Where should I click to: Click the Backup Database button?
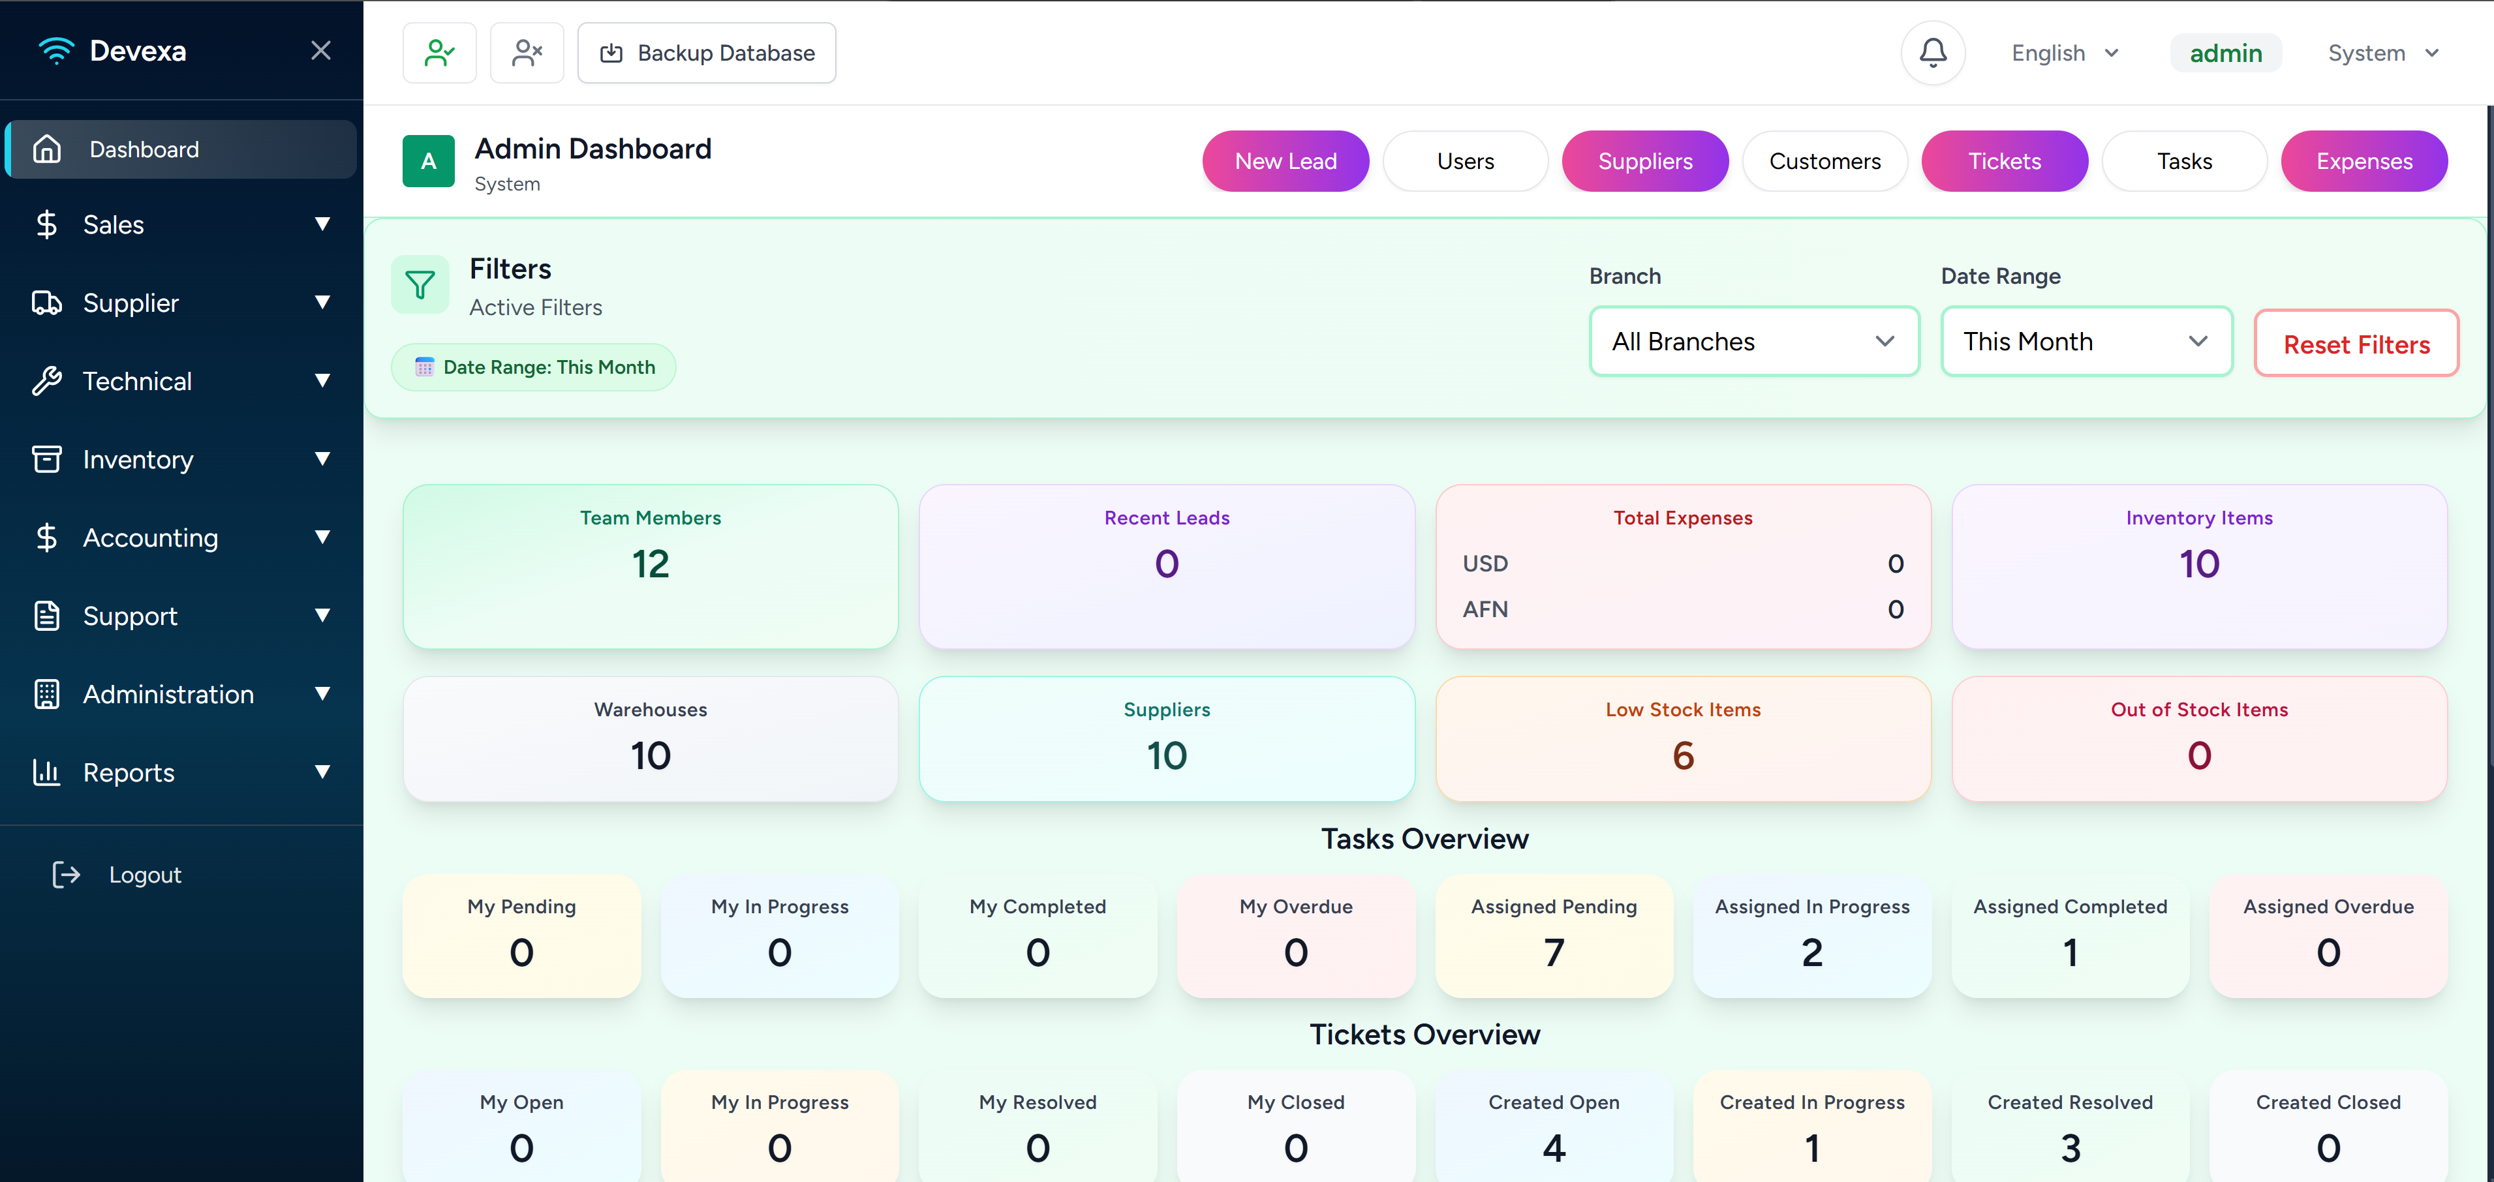click(x=707, y=53)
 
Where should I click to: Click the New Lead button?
click(x=1285, y=160)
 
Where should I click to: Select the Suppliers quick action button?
click(x=1645, y=160)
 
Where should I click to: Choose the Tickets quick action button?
click(x=2004, y=160)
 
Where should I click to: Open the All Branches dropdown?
click(x=1754, y=342)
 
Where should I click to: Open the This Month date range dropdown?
click(x=2086, y=342)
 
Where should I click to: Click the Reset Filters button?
click(x=2356, y=344)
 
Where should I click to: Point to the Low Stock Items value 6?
click(x=1683, y=756)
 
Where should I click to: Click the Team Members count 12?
click(x=651, y=564)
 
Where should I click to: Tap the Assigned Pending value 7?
click(x=1554, y=952)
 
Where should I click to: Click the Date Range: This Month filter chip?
click(x=534, y=367)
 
